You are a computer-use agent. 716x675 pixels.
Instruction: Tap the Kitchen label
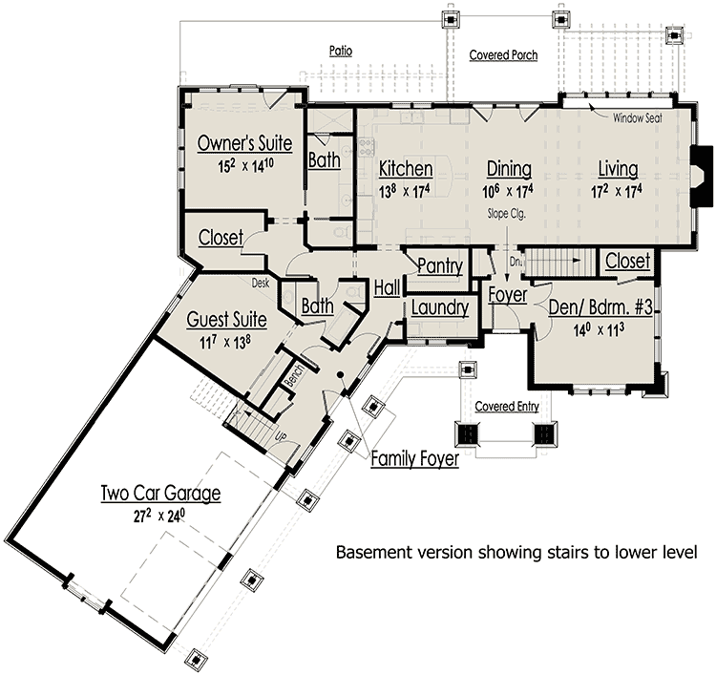click(x=406, y=169)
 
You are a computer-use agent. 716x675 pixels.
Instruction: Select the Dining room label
click(x=508, y=169)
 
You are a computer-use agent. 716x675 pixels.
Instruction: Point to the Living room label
click(x=618, y=169)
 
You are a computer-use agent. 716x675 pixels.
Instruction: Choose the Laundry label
click(x=439, y=307)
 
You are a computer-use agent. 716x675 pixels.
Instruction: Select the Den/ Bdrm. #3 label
click(x=600, y=307)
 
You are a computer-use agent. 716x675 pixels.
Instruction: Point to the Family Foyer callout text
click(x=414, y=459)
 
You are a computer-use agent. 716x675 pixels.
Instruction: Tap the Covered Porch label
click(x=503, y=55)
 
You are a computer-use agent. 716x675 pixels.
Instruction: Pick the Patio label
click(x=342, y=50)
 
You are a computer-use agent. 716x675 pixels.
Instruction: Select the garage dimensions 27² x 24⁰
click(x=161, y=517)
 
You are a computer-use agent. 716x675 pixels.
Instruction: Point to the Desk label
click(x=262, y=283)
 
